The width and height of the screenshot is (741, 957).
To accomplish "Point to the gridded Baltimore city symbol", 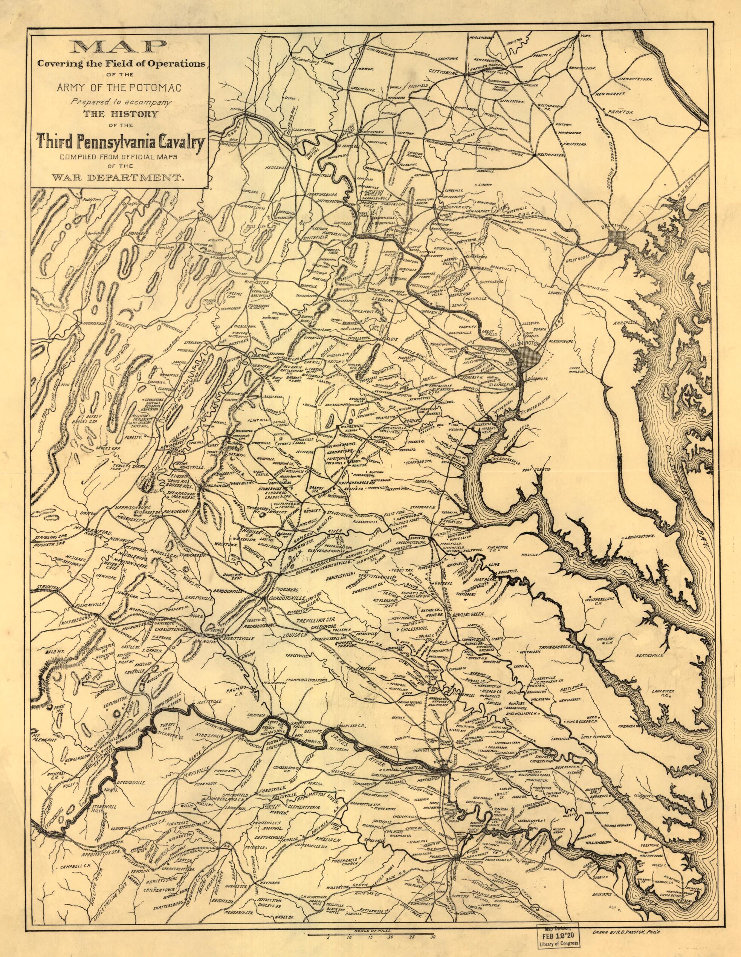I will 618,237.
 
